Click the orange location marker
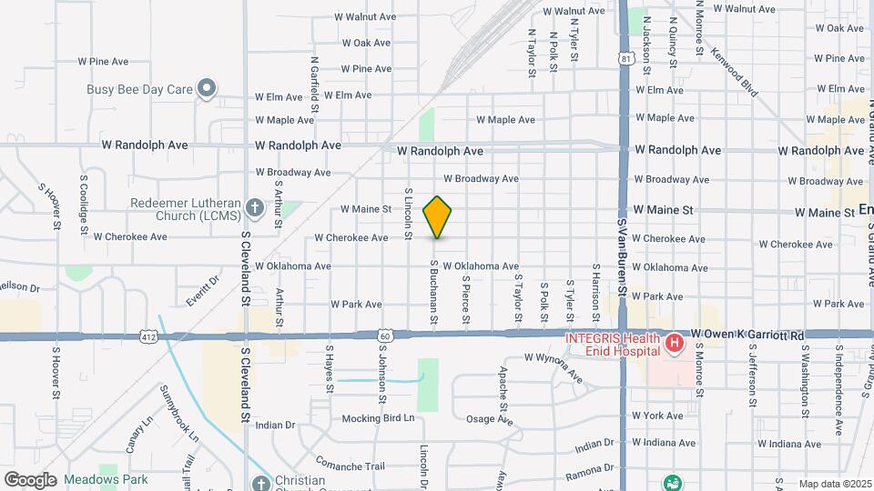pyautogui.click(x=438, y=216)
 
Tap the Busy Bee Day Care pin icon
pyautogui.click(x=208, y=88)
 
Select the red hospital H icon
pyautogui.click(x=674, y=344)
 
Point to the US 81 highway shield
pyautogui.click(x=624, y=59)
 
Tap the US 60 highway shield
pyautogui.click(x=386, y=336)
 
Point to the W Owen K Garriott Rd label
pyautogui.click(x=747, y=336)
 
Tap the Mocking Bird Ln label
pyautogui.click(x=378, y=418)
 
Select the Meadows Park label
pyautogui.click(x=96, y=478)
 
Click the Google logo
pyautogui.click(x=30, y=479)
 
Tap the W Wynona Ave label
pyautogui.click(x=553, y=366)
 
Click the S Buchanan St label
pyautogui.click(x=435, y=290)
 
